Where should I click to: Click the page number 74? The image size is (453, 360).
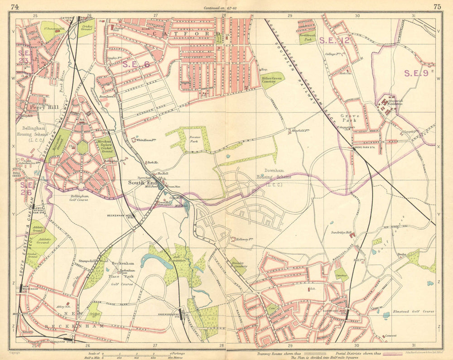(15, 7)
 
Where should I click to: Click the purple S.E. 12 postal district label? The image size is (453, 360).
(334, 40)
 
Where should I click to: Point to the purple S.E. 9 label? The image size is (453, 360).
(416, 73)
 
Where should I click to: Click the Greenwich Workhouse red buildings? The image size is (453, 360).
(386, 103)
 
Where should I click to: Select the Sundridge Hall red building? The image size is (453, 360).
(350, 234)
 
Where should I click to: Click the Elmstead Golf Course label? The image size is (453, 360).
(415, 311)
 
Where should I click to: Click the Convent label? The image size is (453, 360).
(390, 336)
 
